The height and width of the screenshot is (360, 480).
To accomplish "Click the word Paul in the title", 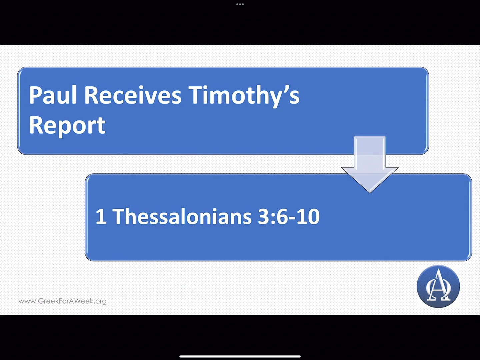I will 53,95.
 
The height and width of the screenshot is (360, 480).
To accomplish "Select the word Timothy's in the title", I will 244,96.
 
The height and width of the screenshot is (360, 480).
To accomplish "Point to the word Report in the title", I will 67,126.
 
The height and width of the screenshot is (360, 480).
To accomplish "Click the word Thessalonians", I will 182,216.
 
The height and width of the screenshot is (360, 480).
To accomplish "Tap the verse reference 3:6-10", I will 289,216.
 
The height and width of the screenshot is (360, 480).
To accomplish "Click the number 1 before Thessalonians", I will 101,217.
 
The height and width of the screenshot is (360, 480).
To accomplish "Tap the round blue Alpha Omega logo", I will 438,286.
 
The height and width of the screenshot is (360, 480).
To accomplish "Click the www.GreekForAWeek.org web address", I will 63,301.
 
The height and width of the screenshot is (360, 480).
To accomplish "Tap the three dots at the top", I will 240,4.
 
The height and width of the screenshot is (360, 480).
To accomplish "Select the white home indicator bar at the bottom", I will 240,356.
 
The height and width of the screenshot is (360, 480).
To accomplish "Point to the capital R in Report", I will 36,126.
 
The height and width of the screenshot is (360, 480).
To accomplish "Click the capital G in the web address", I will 41,301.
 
